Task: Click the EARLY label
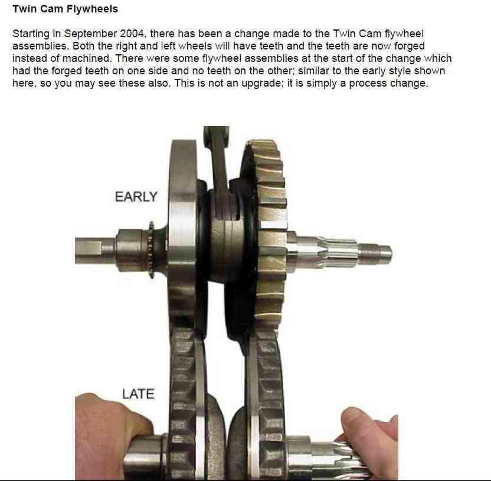click(136, 197)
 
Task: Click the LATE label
click(138, 394)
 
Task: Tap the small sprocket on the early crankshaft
click(151, 249)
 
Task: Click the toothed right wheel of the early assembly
click(269, 238)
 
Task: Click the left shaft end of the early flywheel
click(94, 250)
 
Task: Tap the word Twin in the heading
click(24, 9)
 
